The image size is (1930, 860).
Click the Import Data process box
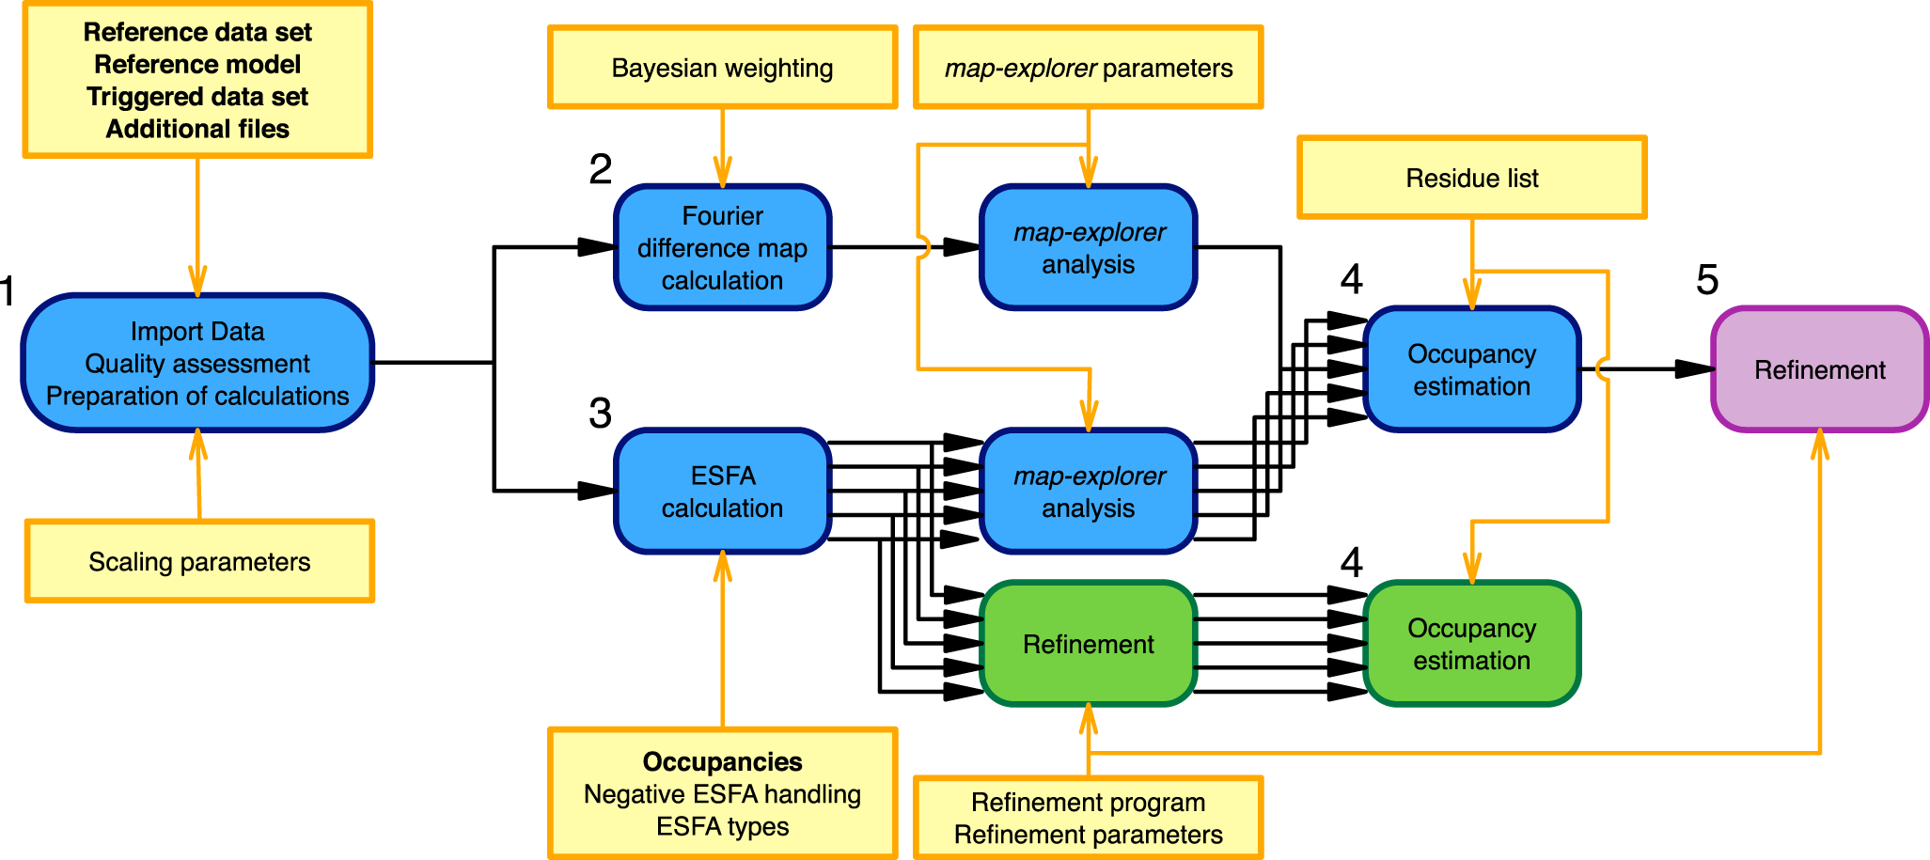click(197, 363)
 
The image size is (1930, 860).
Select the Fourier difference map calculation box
click(722, 247)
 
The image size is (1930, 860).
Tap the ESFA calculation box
click(722, 491)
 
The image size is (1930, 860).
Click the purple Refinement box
click(1820, 369)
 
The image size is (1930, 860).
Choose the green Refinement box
click(1089, 644)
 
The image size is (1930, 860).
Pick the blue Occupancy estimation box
click(1472, 369)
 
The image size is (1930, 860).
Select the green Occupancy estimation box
click(1472, 644)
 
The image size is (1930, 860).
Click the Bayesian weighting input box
click(722, 68)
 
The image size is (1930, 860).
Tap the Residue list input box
click(1472, 178)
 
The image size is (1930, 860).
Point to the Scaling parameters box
click(199, 561)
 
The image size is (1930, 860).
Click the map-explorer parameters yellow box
click(1089, 68)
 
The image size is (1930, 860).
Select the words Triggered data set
click(197, 97)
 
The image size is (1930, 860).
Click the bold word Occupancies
click(722, 761)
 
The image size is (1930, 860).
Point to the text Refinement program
click(1089, 803)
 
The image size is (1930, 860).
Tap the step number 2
click(601, 169)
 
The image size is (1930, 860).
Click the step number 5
click(1707, 280)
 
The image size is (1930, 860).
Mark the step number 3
click(601, 414)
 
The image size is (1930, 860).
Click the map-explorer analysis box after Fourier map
click(1089, 247)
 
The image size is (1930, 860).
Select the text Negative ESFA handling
click(722, 794)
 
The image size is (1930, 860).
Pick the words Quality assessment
click(197, 364)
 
